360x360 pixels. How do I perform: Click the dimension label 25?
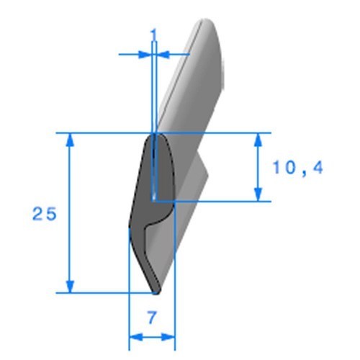pyautogui.click(x=45, y=214)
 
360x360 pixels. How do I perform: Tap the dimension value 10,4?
pyautogui.click(x=298, y=168)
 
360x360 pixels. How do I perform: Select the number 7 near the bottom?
pyautogui.click(x=152, y=318)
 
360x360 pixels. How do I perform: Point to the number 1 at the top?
pyautogui.click(x=154, y=35)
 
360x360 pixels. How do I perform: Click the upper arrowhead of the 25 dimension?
pyautogui.click(x=70, y=140)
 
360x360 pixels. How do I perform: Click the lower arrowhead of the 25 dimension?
pyautogui.click(x=70, y=286)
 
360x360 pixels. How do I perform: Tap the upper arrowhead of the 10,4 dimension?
pyautogui.click(x=258, y=140)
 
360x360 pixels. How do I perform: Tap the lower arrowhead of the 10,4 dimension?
pyautogui.click(x=258, y=194)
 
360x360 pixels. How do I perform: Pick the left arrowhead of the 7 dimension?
pyautogui.click(x=136, y=337)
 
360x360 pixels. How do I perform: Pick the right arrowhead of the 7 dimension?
pyautogui.click(x=168, y=337)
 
